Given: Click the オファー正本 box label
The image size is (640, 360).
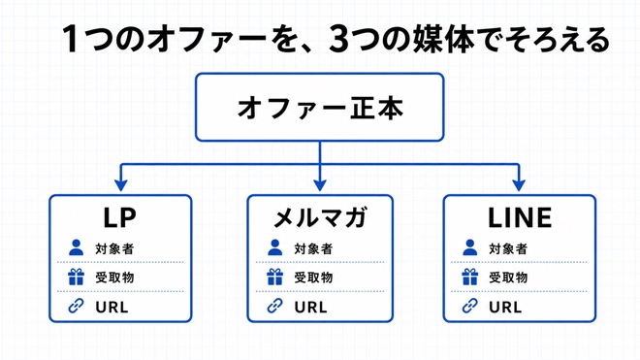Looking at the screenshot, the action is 320,108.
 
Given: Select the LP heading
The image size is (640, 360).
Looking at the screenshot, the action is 119,217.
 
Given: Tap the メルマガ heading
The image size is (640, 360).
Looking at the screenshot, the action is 320,217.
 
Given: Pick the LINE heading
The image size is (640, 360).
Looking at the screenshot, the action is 520,217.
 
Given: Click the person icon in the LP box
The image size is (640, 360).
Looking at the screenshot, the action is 76,247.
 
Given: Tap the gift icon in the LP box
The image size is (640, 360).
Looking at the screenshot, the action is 76,277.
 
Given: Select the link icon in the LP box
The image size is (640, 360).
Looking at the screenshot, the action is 76,306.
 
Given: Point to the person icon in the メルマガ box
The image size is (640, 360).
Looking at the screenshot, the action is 274,247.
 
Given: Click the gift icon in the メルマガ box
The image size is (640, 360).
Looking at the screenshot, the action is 274,277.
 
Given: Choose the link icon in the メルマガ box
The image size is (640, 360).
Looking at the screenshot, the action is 274,306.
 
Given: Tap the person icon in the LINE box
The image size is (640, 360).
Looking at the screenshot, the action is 469,247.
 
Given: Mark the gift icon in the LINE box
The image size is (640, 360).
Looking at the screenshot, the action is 469,277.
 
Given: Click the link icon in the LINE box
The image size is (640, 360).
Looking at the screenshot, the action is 469,306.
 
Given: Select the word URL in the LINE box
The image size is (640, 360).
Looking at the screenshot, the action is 505,307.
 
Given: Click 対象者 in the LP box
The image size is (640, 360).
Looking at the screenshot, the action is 114,248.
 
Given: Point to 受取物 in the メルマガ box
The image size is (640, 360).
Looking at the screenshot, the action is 313,278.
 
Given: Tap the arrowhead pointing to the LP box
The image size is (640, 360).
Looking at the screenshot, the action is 121,185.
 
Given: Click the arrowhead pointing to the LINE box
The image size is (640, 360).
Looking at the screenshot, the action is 519,185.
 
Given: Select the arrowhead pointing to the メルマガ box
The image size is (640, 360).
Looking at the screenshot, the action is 320,185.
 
